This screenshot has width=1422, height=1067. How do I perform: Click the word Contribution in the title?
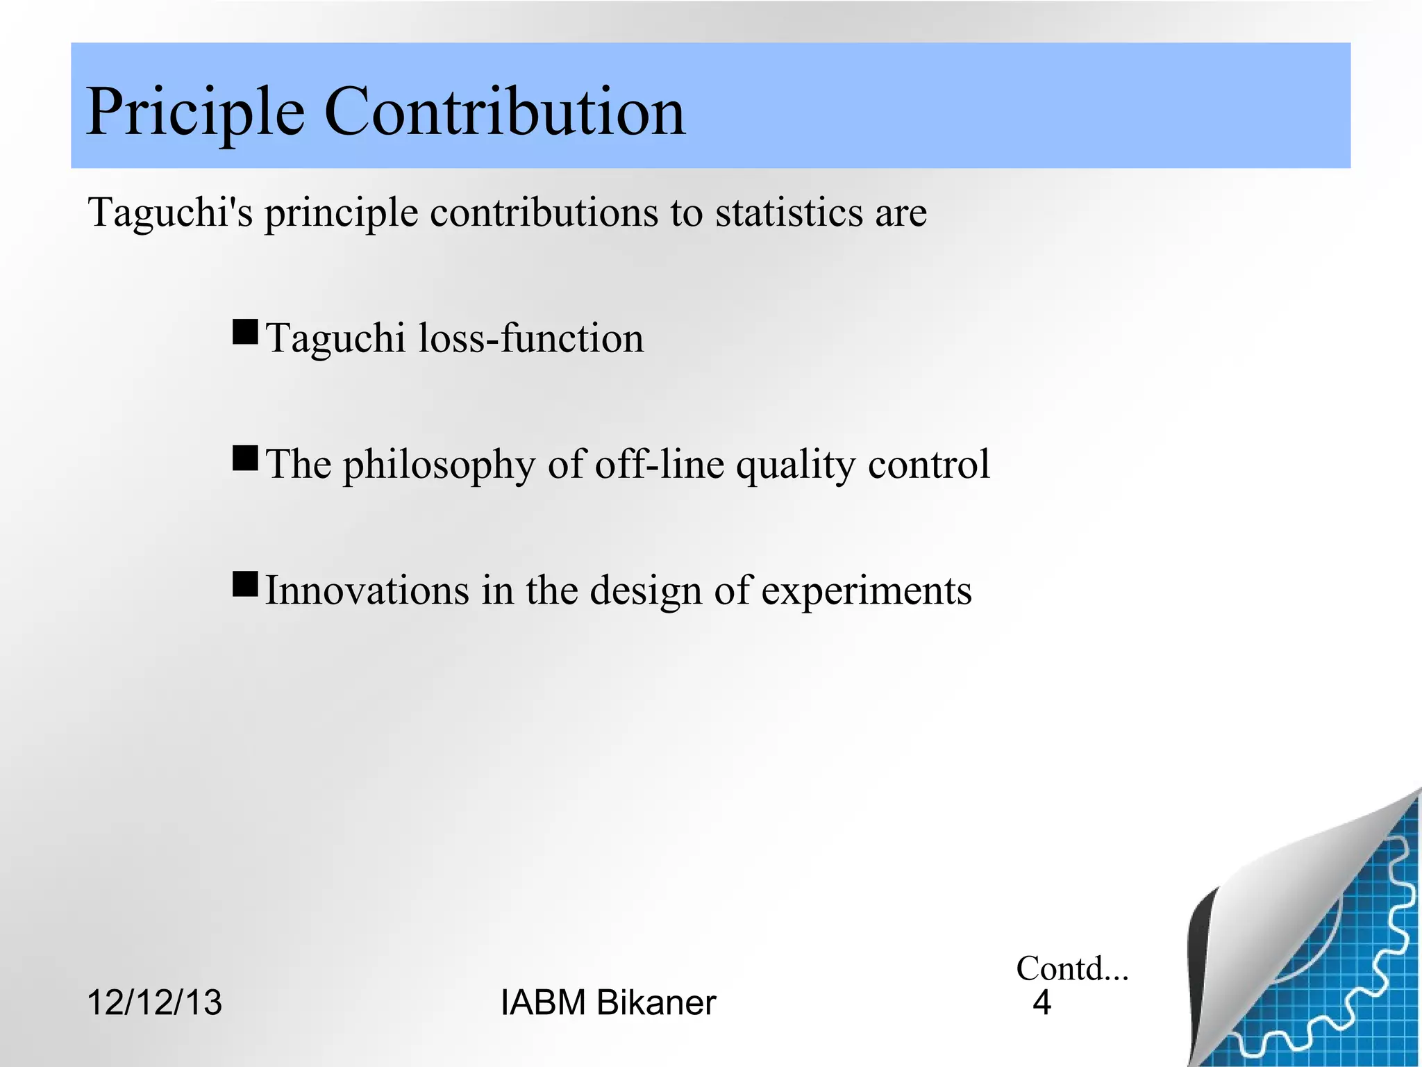505,111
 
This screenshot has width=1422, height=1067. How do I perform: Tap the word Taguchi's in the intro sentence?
170,213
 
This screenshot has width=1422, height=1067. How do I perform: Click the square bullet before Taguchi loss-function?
245,332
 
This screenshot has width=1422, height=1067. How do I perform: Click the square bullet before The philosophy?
245,458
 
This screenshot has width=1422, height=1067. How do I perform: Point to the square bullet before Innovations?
245,584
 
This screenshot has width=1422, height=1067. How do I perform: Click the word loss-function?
531,338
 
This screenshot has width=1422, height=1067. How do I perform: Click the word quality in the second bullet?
795,465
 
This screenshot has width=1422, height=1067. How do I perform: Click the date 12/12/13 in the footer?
154,1002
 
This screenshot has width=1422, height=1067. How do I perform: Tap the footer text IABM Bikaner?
608,1002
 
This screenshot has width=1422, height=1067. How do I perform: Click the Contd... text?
1071,968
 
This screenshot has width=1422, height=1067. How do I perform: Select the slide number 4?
1042,1002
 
